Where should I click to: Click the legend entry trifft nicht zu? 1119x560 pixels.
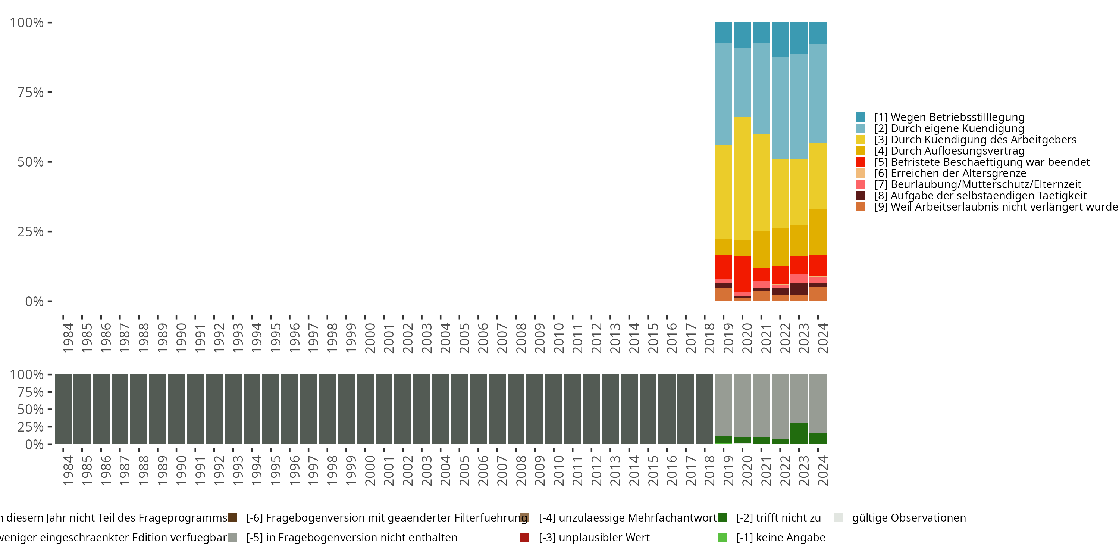(x=778, y=518)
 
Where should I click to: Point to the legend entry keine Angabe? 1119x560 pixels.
(x=780, y=537)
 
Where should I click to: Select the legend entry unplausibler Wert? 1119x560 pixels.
(x=594, y=537)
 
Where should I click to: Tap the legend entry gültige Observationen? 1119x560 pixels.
(x=908, y=518)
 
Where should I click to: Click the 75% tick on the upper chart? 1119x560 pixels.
(x=31, y=92)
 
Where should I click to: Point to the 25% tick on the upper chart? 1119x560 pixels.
(x=31, y=231)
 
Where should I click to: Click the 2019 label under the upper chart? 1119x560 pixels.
(x=728, y=338)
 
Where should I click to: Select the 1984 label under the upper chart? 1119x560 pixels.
(x=68, y=338)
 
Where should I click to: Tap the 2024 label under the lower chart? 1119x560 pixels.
(x=822, y=470)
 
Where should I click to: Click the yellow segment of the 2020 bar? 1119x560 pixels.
(x=742, y=178)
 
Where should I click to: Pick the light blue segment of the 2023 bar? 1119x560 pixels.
(x=799, y=106)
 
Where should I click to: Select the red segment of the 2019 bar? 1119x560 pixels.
(x=724, y=267)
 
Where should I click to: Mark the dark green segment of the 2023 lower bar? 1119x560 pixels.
(x=799, y=433)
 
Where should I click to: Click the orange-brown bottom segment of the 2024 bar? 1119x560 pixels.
(x=818, y=294)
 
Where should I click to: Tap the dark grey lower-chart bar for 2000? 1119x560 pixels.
(x=365, y=409)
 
